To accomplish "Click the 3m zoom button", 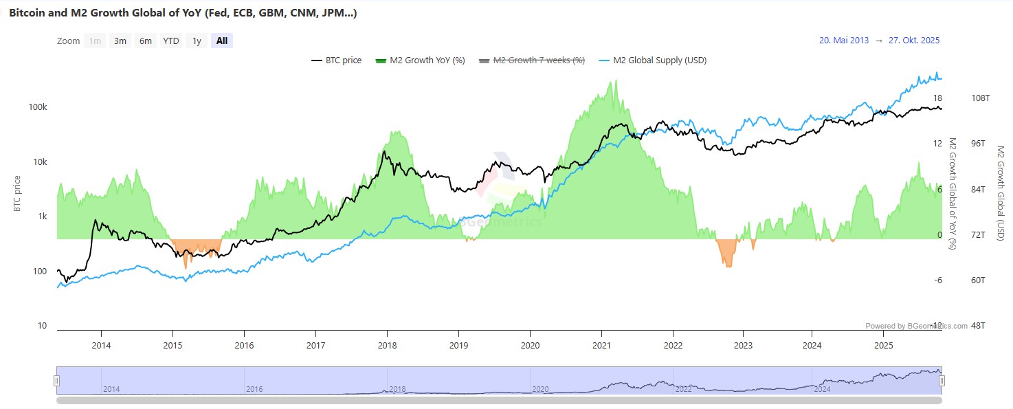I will click(x=120, y=41).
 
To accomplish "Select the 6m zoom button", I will click(x=146, y=41).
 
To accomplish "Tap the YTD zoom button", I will click(x=171, y=41).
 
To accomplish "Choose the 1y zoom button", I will click(x=197, y=41).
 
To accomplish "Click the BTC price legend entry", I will click(x=337, y=60).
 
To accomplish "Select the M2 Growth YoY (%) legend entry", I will click(x=421, y=60).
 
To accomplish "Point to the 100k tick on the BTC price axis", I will click(x=37, y=108).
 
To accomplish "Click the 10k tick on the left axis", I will click(x=39, y=162).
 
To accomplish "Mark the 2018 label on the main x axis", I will click(x=387, y=344).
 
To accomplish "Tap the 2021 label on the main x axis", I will click(x=602, y=344).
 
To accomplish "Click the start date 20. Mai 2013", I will click(x=843, y=41).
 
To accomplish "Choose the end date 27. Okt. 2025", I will click(x=913, y=41).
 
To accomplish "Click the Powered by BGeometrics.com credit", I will click(x=916, y=326).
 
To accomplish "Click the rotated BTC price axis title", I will click(x=18, y=193).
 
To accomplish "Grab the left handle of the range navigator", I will click(x=57, y=381).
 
